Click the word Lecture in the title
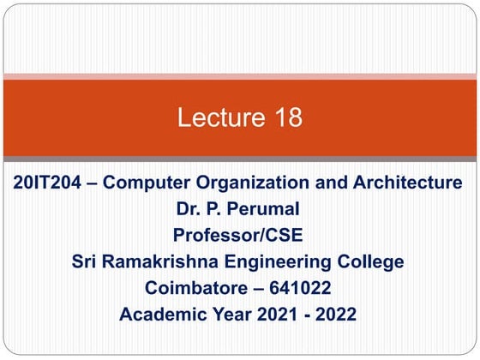click(x=214, y=117)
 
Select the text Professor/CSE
click(x=239, y=234)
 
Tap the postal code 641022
click(x=306, y=287)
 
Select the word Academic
click(x=165, y=314)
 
